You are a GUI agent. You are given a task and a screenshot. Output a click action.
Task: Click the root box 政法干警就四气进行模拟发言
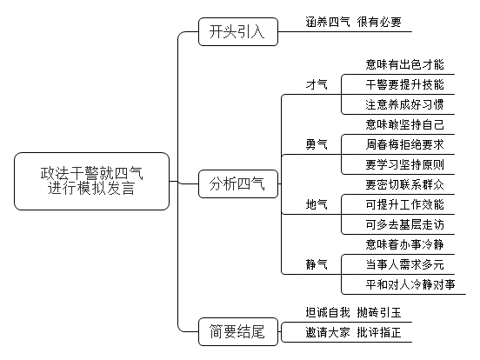[x=91, y=181]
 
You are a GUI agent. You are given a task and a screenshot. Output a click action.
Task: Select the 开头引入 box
[x=238, y=32]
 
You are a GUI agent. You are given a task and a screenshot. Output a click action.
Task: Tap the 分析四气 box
[x=238, y=184]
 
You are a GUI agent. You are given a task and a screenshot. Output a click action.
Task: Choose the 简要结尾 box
[x=238, y=332]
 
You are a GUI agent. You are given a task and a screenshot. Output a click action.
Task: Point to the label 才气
[x=317, y=84]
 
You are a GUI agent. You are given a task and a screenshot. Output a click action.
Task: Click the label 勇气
[x=317, y=144]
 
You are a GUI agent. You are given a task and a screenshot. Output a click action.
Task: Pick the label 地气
[x=317, y=204]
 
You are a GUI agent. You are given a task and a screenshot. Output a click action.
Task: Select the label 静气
[x=317, y=264]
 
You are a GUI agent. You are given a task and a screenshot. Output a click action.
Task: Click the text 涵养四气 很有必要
[x=353, y=22]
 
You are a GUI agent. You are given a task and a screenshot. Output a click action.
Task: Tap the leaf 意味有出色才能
[x=404, y=64]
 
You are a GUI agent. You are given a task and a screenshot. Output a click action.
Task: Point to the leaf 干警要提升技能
[x=404, y=85]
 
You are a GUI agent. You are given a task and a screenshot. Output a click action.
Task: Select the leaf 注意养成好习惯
[x=404, y=104]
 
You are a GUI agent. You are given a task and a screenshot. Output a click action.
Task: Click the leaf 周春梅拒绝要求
[x=404, y=145]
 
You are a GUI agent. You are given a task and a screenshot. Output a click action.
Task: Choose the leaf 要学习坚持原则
[x=404, y=164]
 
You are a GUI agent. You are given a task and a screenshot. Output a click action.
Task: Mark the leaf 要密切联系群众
[x=404, y=184]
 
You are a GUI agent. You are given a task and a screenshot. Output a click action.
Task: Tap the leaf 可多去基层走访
[x=404, y=224]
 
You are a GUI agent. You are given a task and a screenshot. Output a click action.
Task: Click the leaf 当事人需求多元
[x=404, y=265]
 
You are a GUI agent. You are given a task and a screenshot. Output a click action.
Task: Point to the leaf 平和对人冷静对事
[x=410, y=284]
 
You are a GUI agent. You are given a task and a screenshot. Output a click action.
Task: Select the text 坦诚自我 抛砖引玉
[x=353, y=312]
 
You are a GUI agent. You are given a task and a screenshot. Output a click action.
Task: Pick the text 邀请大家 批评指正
[x=353, y=332]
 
